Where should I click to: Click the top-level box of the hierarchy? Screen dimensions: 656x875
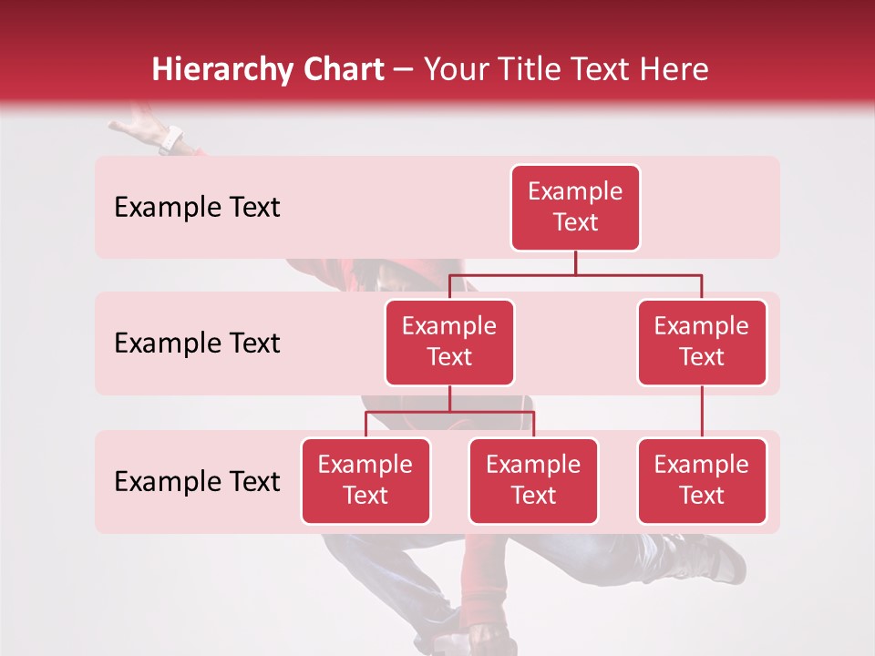coord(575,207)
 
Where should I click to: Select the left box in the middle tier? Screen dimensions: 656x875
coord(449,342)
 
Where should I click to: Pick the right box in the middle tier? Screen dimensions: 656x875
coord(702,342)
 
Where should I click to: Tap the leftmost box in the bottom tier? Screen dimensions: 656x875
coord(365,480)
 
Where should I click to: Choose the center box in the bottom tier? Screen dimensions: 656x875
coord(533,480)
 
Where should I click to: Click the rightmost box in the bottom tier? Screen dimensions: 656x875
coord(702,480)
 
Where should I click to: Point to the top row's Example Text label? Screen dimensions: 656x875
coord(197,207)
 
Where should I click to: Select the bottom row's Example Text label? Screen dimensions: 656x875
coord(197,481)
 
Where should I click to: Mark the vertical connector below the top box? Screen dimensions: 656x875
coord(575,262)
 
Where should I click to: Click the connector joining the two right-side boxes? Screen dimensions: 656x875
coord(702,412)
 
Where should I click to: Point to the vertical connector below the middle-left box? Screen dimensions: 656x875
coord(449,398)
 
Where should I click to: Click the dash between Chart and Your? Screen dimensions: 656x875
coord(404,70)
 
